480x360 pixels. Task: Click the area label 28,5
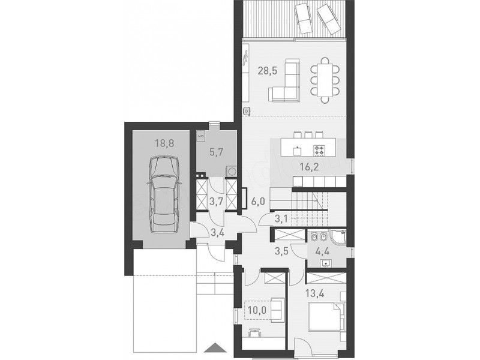[267, 71]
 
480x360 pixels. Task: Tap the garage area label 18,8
[164, 143]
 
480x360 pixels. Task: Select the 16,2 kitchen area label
[309, 167]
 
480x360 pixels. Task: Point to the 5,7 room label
[216, 152]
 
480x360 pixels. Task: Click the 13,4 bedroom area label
[315, 293]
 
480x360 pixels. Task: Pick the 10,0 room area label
[257, 310]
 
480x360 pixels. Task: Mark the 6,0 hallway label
[257, 202]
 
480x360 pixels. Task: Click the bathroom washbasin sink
[325, 263]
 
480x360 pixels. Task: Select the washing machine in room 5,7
[232, 171]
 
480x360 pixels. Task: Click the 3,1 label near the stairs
[281, 218]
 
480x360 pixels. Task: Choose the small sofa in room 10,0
[277, 310]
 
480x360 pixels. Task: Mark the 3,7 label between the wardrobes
[216, 202]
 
